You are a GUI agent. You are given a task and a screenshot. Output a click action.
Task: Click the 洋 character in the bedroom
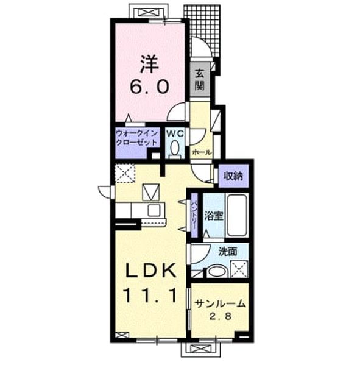pos(150,64)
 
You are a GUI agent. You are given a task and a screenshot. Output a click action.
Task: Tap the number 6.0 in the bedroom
pos(150,87)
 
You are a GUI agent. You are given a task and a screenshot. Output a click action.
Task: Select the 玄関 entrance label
pos(199,79)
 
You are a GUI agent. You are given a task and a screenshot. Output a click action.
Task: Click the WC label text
pos(175,133)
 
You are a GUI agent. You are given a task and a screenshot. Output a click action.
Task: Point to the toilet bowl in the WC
pos(175,148)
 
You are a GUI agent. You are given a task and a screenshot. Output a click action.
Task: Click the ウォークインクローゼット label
pos(137,138)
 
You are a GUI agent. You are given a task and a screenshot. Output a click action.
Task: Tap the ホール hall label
pos(202,152)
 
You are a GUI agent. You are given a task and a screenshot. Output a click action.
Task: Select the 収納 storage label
pos(233,176)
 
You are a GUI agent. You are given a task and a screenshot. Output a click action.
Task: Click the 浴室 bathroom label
pos(213,216)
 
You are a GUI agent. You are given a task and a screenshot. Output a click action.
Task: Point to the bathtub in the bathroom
pos(237,216)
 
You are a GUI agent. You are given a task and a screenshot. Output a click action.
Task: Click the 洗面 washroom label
pos(228,252)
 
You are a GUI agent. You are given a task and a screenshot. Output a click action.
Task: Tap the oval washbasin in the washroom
pos(216,272)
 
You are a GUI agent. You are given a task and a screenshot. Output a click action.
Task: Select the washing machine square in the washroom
pos(239,269)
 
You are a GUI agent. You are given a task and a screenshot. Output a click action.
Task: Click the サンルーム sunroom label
pos(220,303)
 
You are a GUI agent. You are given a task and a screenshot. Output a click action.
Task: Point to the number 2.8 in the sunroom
pos(221,316)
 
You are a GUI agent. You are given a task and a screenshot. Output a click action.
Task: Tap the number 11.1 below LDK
pos(150,295)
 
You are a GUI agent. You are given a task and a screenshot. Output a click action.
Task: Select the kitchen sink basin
pos(154,211)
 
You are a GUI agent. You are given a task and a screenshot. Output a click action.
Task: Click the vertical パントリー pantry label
pos(194,214)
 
